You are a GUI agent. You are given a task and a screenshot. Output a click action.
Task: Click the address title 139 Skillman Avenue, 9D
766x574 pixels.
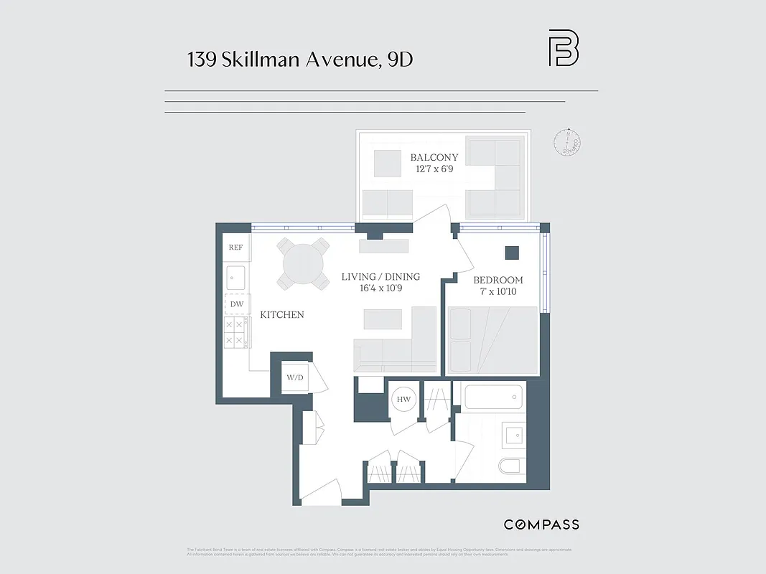click(300, 60)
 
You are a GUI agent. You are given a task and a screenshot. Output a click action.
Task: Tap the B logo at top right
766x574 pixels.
click(564, 48)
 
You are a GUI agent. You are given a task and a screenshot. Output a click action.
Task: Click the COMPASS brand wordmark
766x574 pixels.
click(541, 524)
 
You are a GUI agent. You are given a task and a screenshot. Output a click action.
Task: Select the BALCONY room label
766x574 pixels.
click(434, 157)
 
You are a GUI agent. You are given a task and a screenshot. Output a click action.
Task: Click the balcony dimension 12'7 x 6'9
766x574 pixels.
click(434, 169)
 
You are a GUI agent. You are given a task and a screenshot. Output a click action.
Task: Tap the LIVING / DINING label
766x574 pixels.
click(380, 277)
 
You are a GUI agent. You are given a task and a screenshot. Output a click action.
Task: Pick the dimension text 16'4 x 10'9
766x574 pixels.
click(380, 289)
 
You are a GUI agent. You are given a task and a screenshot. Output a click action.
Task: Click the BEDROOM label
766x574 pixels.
click(498, 280)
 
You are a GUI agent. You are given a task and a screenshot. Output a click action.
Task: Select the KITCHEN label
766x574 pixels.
click(281, 314)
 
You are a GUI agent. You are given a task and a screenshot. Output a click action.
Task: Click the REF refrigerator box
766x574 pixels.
click(235, 248)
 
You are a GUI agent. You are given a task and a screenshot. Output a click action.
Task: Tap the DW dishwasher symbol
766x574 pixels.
click(236, 304)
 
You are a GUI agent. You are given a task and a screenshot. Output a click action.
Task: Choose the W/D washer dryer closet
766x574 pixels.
click(294, 377)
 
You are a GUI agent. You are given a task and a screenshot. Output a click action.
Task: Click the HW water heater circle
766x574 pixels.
click(403, 399)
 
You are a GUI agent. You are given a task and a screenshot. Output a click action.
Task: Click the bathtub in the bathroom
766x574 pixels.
click(494, 396)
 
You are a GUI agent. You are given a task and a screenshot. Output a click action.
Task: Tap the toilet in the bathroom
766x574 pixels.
click(511, 466)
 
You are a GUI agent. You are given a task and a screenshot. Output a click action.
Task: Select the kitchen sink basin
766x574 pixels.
click(235, 277)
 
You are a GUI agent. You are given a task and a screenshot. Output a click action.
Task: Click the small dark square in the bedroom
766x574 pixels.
click(512, 253)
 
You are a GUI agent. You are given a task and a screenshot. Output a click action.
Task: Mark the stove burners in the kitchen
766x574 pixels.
click(235, 333)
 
